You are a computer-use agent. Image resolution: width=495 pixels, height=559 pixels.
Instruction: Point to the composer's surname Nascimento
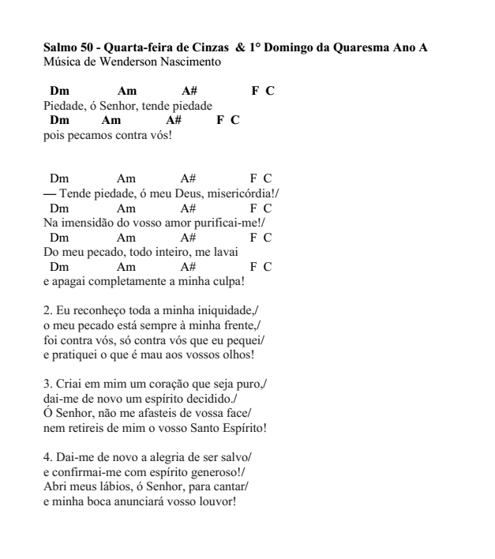click(191, 61)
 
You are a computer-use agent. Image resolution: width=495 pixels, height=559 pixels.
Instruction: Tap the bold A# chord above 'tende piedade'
click(189, 92)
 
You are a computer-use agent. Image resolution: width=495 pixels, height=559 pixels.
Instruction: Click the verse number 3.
click(47, 384)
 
